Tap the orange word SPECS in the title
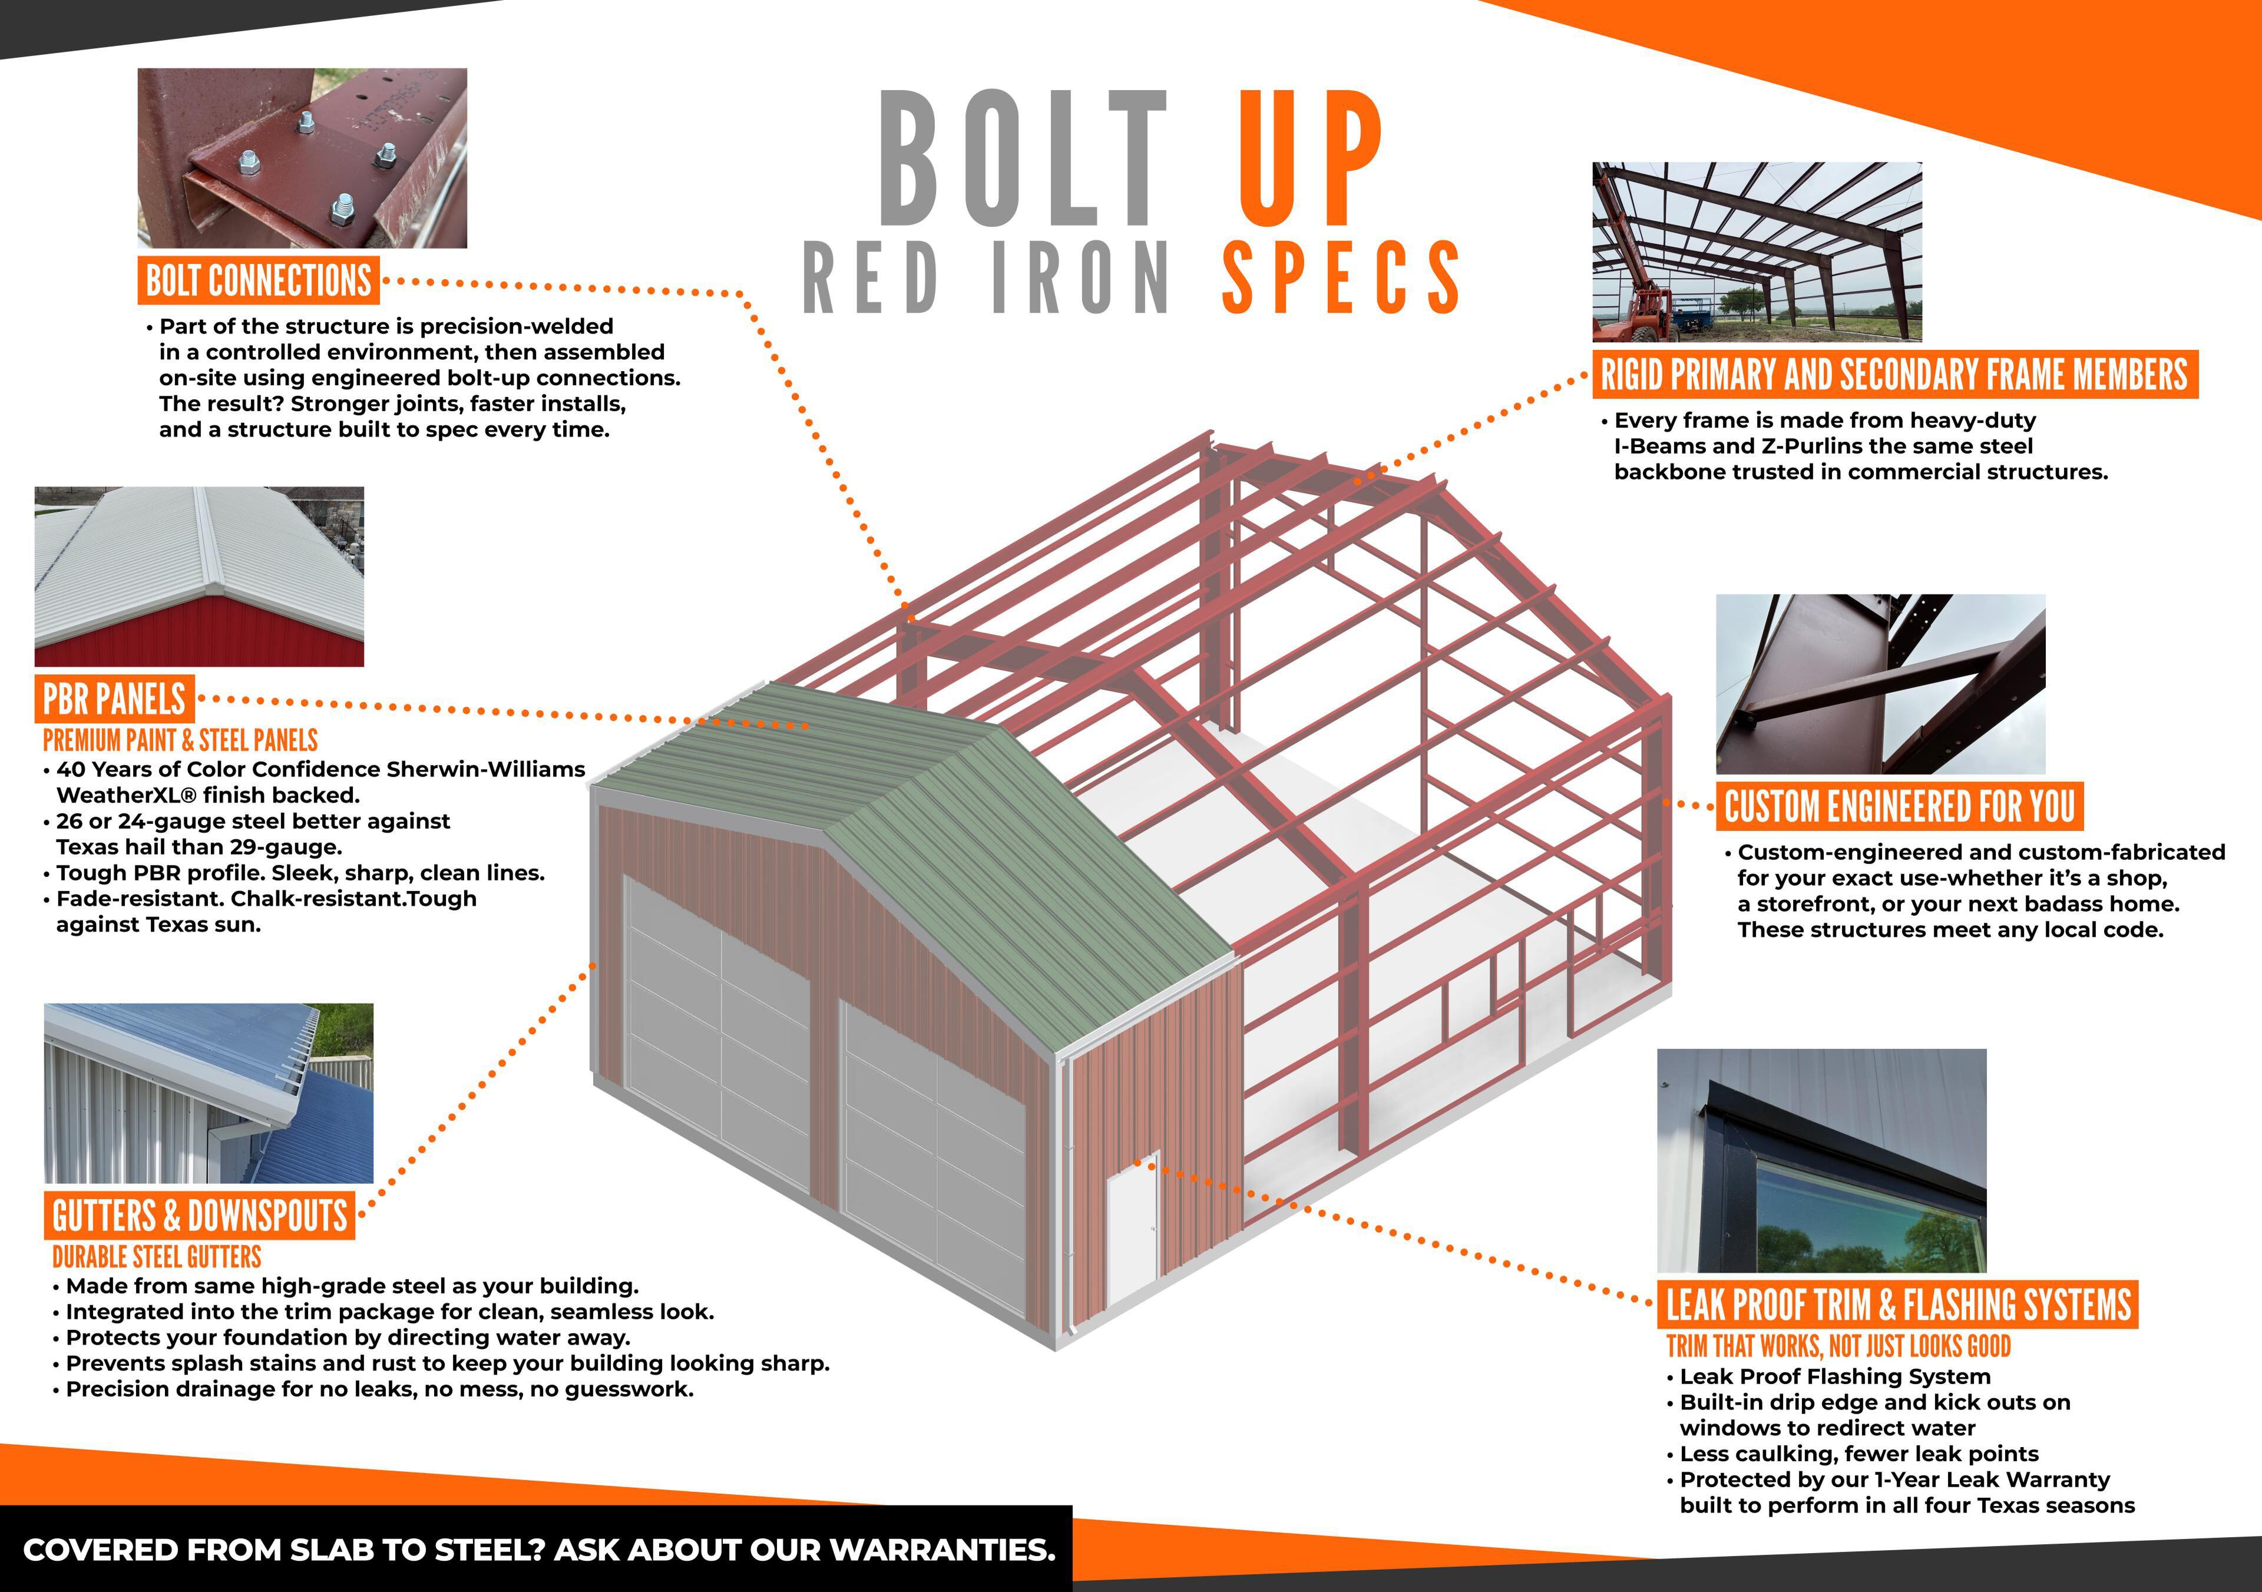click(1340, 278)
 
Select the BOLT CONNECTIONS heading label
click(259, 281)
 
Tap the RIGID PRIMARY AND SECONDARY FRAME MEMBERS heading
click(1894, 375)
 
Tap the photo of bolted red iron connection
click(302, 158)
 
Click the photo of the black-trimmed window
click(1821, 1160)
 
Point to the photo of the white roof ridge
click(199, 576)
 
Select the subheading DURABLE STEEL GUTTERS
click(157, 1257)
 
